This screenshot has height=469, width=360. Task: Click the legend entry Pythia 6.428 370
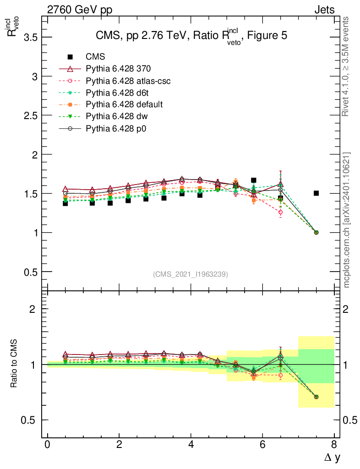[118, 69]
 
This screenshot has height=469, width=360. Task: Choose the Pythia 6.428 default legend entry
[124, 104]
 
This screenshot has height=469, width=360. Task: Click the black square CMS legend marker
[70, 57]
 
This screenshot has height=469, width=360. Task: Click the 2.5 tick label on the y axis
[30, 115]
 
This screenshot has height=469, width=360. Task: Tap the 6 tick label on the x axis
[262, 445]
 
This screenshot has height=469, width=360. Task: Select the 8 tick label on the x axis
[334, 445]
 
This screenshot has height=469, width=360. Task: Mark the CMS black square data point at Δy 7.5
[316, 193]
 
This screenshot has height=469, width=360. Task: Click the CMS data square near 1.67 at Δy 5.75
[253, 180]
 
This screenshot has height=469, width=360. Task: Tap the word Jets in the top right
[324, 10]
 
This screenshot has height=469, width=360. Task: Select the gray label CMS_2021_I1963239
[191, 274]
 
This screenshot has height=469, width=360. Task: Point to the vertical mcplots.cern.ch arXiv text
[347, 220]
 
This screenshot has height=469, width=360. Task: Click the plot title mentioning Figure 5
[191, 37]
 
